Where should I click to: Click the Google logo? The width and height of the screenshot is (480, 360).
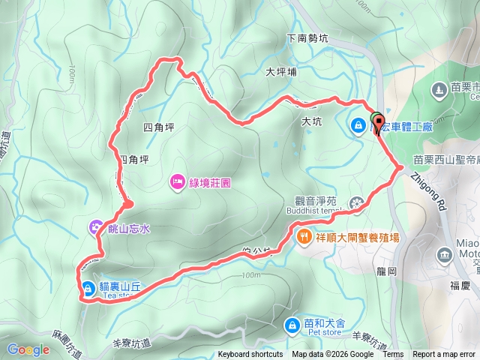[28, 349]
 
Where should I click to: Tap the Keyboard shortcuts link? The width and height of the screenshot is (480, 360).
[250, 355]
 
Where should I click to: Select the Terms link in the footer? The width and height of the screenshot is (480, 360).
[393, 355]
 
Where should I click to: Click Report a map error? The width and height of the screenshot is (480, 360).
[444, 355]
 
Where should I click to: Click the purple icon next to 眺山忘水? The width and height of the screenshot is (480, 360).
[96, 226]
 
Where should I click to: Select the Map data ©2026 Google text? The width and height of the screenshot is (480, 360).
[332, 355]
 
